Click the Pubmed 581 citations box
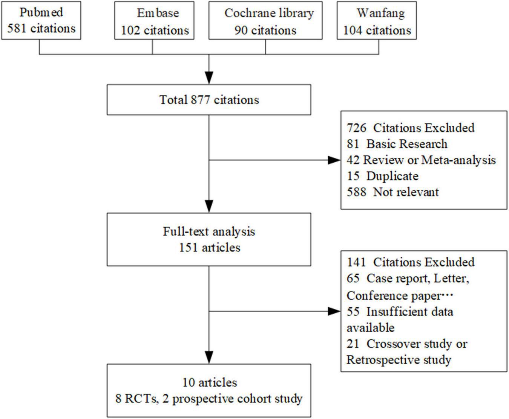pyautogui.click(x=41, y=20)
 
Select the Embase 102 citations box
pyautogui.click(x=154, y=20)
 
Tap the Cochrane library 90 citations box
pyautogui.click(x=265, y=20)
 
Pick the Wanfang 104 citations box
pyautogui.click(x=377, y=20)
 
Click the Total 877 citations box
pyautogui.click(x=209, y=100)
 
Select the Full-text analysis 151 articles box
pyautogui.click(x=209, y=239)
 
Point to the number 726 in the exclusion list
pyautogui.click(x=356, y=128)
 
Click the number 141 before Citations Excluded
pyautogui.click(x=356, y=262)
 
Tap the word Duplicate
pyautogui.click(x=392, y=176)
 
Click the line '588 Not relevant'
pyautogui.click(x=392, y=192)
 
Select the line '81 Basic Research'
pyautogui.click(x=397, y=144)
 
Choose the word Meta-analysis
pyautogui.click(x=458, y=160)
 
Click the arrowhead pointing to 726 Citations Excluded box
pyautogui.click(x=334, y=160)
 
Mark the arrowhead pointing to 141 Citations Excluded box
pyautogui.click(x=334, y=311)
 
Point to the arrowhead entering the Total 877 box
pyautogui.click(x=209, y=78)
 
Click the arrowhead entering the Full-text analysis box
pyautogui.click(x=209, y=206)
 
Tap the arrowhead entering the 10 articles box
pyautogui.click(x=209, y=357)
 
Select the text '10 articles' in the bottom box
pyautogui.click(x=210, y=382)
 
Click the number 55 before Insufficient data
pyautogui.click(x=353, y=312)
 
